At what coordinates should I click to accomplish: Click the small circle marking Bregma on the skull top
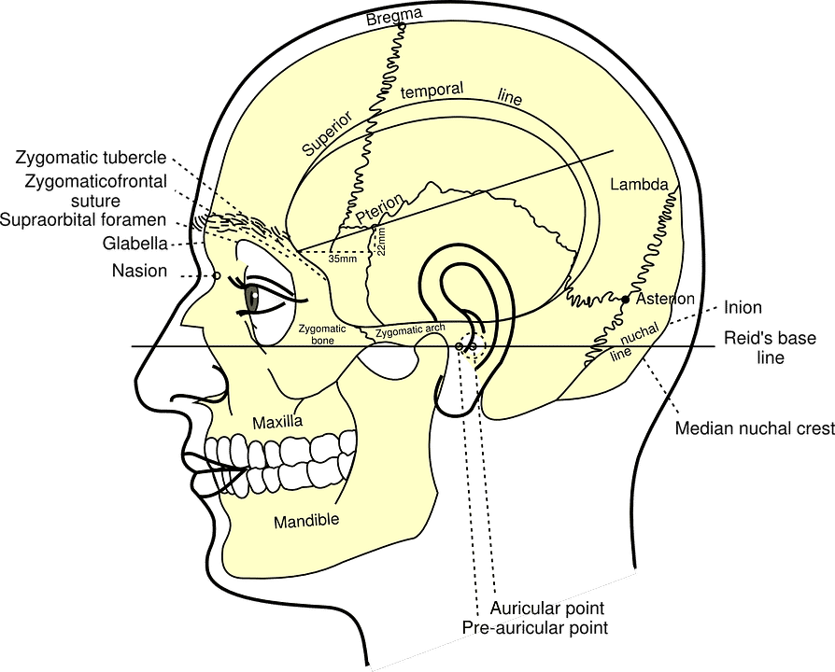(x=402, y=26)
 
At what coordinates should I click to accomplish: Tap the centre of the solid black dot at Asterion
(x=626, y=301)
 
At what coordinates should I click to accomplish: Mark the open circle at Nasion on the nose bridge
(x=216, y=275)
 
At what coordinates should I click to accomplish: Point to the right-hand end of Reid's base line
(x=715, y=347)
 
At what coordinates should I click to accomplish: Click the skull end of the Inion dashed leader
(x=669, y=324)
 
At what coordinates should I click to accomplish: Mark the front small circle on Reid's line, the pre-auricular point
(x=459, y=346)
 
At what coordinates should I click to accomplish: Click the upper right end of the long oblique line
(x=614, y=150)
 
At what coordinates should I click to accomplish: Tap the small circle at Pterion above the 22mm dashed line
(x=374, y=228)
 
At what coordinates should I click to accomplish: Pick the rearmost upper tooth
(x=347, y=443)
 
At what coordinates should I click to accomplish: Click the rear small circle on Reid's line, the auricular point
(x=473, y=347)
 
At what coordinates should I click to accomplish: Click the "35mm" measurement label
(x=343, y=259)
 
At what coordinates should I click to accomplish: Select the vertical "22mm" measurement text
(x=381, y=242)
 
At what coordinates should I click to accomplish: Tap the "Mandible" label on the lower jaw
(x=306, y=521)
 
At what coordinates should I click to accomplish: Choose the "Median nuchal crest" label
(x=754, y=427)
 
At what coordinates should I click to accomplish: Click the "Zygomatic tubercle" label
(x=91, y=158)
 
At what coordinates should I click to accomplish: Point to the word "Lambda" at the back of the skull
(x=639, y=184)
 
